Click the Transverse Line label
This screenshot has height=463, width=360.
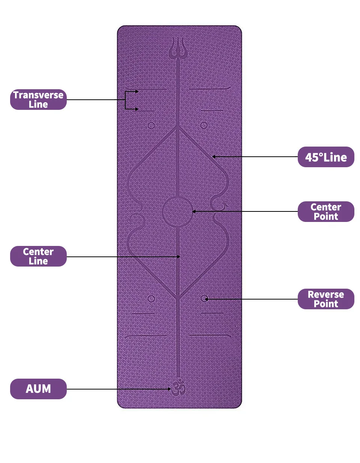coord(38,99)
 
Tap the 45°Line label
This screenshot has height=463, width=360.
coord(326,157)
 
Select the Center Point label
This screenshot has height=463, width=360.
coord(326,211)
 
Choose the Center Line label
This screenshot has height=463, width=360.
coord(38,256)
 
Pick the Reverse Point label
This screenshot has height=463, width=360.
coord(326,299)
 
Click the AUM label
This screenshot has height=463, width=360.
coord(38,389)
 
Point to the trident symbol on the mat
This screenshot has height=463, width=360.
coord(178,49)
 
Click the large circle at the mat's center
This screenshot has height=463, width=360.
coord(178,212)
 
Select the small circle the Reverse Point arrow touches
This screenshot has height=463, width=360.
coord(204,298)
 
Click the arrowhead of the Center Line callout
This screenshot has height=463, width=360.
coord(179,257)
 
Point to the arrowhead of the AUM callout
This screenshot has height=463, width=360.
coord(169,389)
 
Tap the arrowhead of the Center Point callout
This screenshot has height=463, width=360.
coord(194,211)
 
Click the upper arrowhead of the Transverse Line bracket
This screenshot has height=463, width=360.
coord(137,91)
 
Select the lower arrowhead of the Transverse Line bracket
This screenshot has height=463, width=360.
coord(137,109)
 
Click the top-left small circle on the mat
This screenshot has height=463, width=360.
coord(151,126)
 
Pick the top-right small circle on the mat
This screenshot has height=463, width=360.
coord(204,125)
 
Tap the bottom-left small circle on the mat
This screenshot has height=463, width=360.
coord(151,299)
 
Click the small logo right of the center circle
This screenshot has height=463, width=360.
coord(224,205)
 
